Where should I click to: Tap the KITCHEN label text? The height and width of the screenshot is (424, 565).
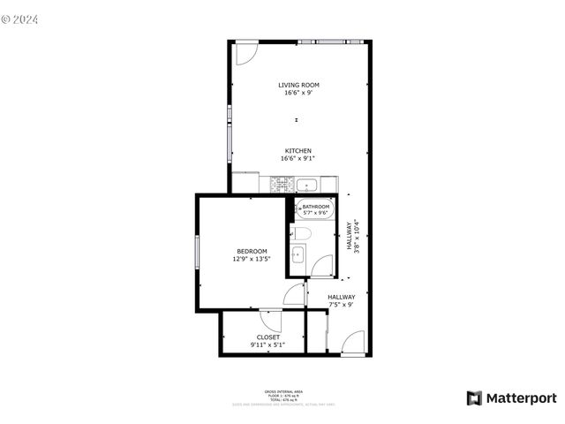pos(298,150)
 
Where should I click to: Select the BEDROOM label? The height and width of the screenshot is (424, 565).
pos(252,252)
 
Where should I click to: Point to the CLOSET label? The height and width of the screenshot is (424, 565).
pos(268,337)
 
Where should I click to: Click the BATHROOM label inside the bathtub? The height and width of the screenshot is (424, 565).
pos(315,207)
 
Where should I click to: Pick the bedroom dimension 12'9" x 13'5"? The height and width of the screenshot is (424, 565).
pos(252,259)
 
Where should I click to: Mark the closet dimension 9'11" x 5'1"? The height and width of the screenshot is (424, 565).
pos(267,344)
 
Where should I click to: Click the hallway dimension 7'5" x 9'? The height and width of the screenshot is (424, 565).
pos(341,305)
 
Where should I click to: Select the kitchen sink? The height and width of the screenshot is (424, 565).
pos(307,185)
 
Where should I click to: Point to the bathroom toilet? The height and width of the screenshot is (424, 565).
pos(300,233)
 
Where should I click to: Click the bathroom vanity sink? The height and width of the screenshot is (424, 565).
pos(298,255)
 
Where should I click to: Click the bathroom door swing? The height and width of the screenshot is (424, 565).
pos(322,266)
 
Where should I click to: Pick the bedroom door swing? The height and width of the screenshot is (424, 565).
pos(294,296)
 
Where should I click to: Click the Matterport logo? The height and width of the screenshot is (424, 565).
pos(512,398)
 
